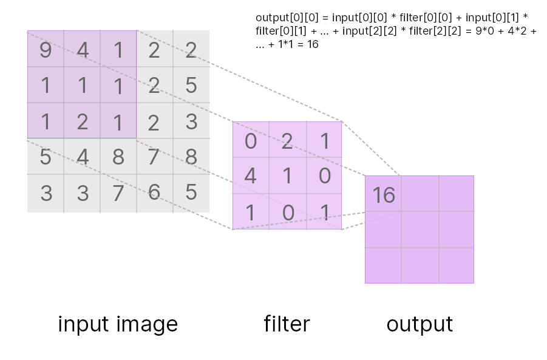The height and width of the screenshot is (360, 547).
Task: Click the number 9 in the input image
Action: click(46, 50)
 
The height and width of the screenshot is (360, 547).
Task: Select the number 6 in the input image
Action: click(154, 192)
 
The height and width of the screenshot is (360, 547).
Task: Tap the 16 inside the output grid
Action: click(384, 195)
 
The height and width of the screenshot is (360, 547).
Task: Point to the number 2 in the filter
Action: click(287, 141)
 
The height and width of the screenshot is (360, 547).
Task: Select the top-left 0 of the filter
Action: click(251, 141)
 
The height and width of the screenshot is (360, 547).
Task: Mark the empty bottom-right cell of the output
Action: click(456, 265)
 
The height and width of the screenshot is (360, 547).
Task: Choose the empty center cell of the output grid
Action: click(420, 229)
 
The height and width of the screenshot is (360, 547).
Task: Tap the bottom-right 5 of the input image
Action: click(191, 192)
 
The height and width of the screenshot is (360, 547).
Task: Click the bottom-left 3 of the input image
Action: click(46, 192)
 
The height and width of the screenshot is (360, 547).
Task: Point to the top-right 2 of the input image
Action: click(191, 50)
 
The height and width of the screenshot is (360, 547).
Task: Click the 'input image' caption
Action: click(118, 324)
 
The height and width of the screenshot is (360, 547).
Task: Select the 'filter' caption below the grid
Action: click(287, 324)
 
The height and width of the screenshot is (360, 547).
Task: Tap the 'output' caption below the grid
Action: click(420, 324)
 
